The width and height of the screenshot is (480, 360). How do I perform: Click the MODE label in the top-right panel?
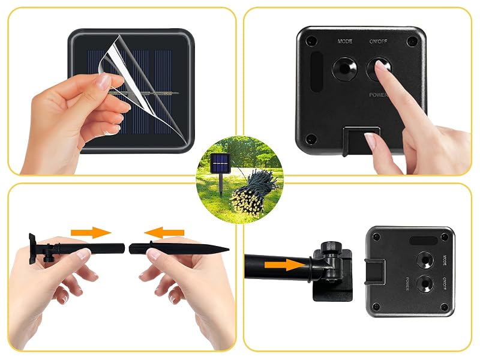tap(344, 41)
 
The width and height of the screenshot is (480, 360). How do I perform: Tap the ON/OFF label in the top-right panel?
tap(379, 41)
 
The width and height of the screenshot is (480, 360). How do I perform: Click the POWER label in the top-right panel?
tap(379, 95)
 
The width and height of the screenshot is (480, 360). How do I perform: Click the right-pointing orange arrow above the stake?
tap(91, 233)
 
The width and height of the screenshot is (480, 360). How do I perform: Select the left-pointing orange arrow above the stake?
tap(164, 233)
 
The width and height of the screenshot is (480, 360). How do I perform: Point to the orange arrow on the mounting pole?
tap(285, 265)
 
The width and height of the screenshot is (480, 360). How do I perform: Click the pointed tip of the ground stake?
tap(229, 250)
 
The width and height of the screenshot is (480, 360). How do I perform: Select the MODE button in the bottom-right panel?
tap(426, 260)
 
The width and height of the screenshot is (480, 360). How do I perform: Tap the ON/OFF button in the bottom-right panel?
tap(426, 284)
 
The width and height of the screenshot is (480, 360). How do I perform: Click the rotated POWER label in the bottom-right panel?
tap(407, 284)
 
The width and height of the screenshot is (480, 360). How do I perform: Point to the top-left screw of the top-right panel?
tap(311, 41)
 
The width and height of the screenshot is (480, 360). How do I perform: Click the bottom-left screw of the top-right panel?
tap(311, 139)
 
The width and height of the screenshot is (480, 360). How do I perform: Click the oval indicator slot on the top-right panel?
tap(317, 71)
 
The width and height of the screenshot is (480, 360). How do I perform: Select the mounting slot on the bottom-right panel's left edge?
tap(374, 271)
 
